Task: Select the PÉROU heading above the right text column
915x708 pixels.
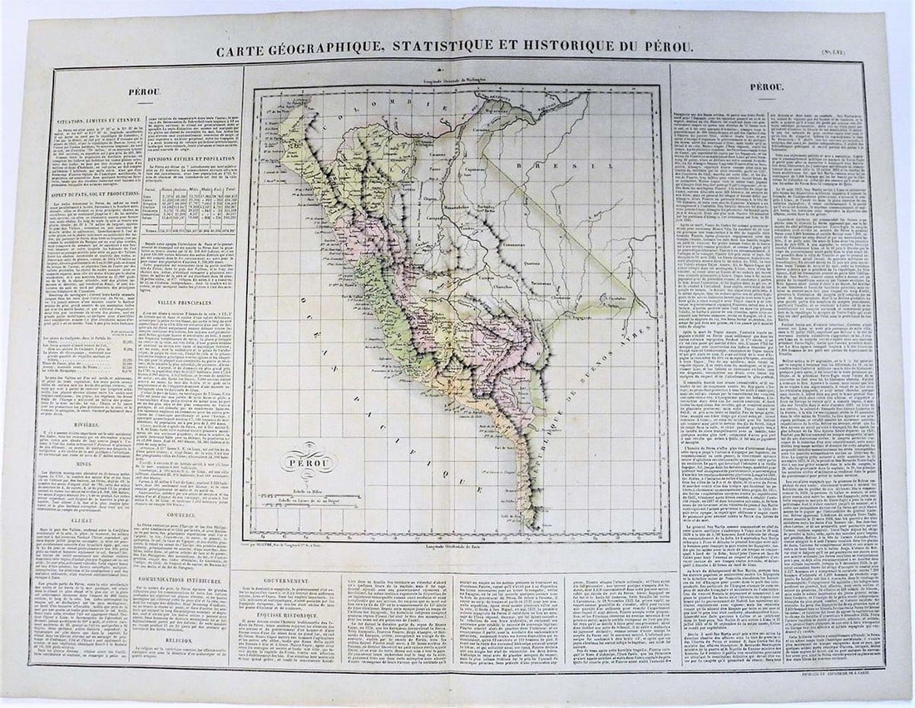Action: tap(765, 86)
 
